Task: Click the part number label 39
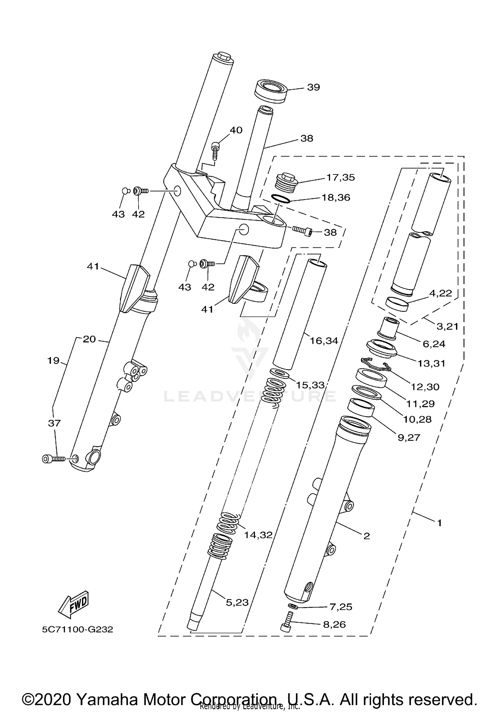[x=313, y=87]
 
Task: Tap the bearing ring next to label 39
[x=271, y=90]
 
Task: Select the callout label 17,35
[x=340, y=177]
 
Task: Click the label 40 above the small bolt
[x=236, y=130]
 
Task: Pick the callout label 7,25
[x=341, y=607]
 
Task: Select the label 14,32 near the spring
[x=258, y=535]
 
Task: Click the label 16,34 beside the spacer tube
[x=324, y=341]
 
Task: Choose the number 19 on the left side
[x=53, y=361]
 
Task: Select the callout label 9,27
[x=409, y=437]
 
